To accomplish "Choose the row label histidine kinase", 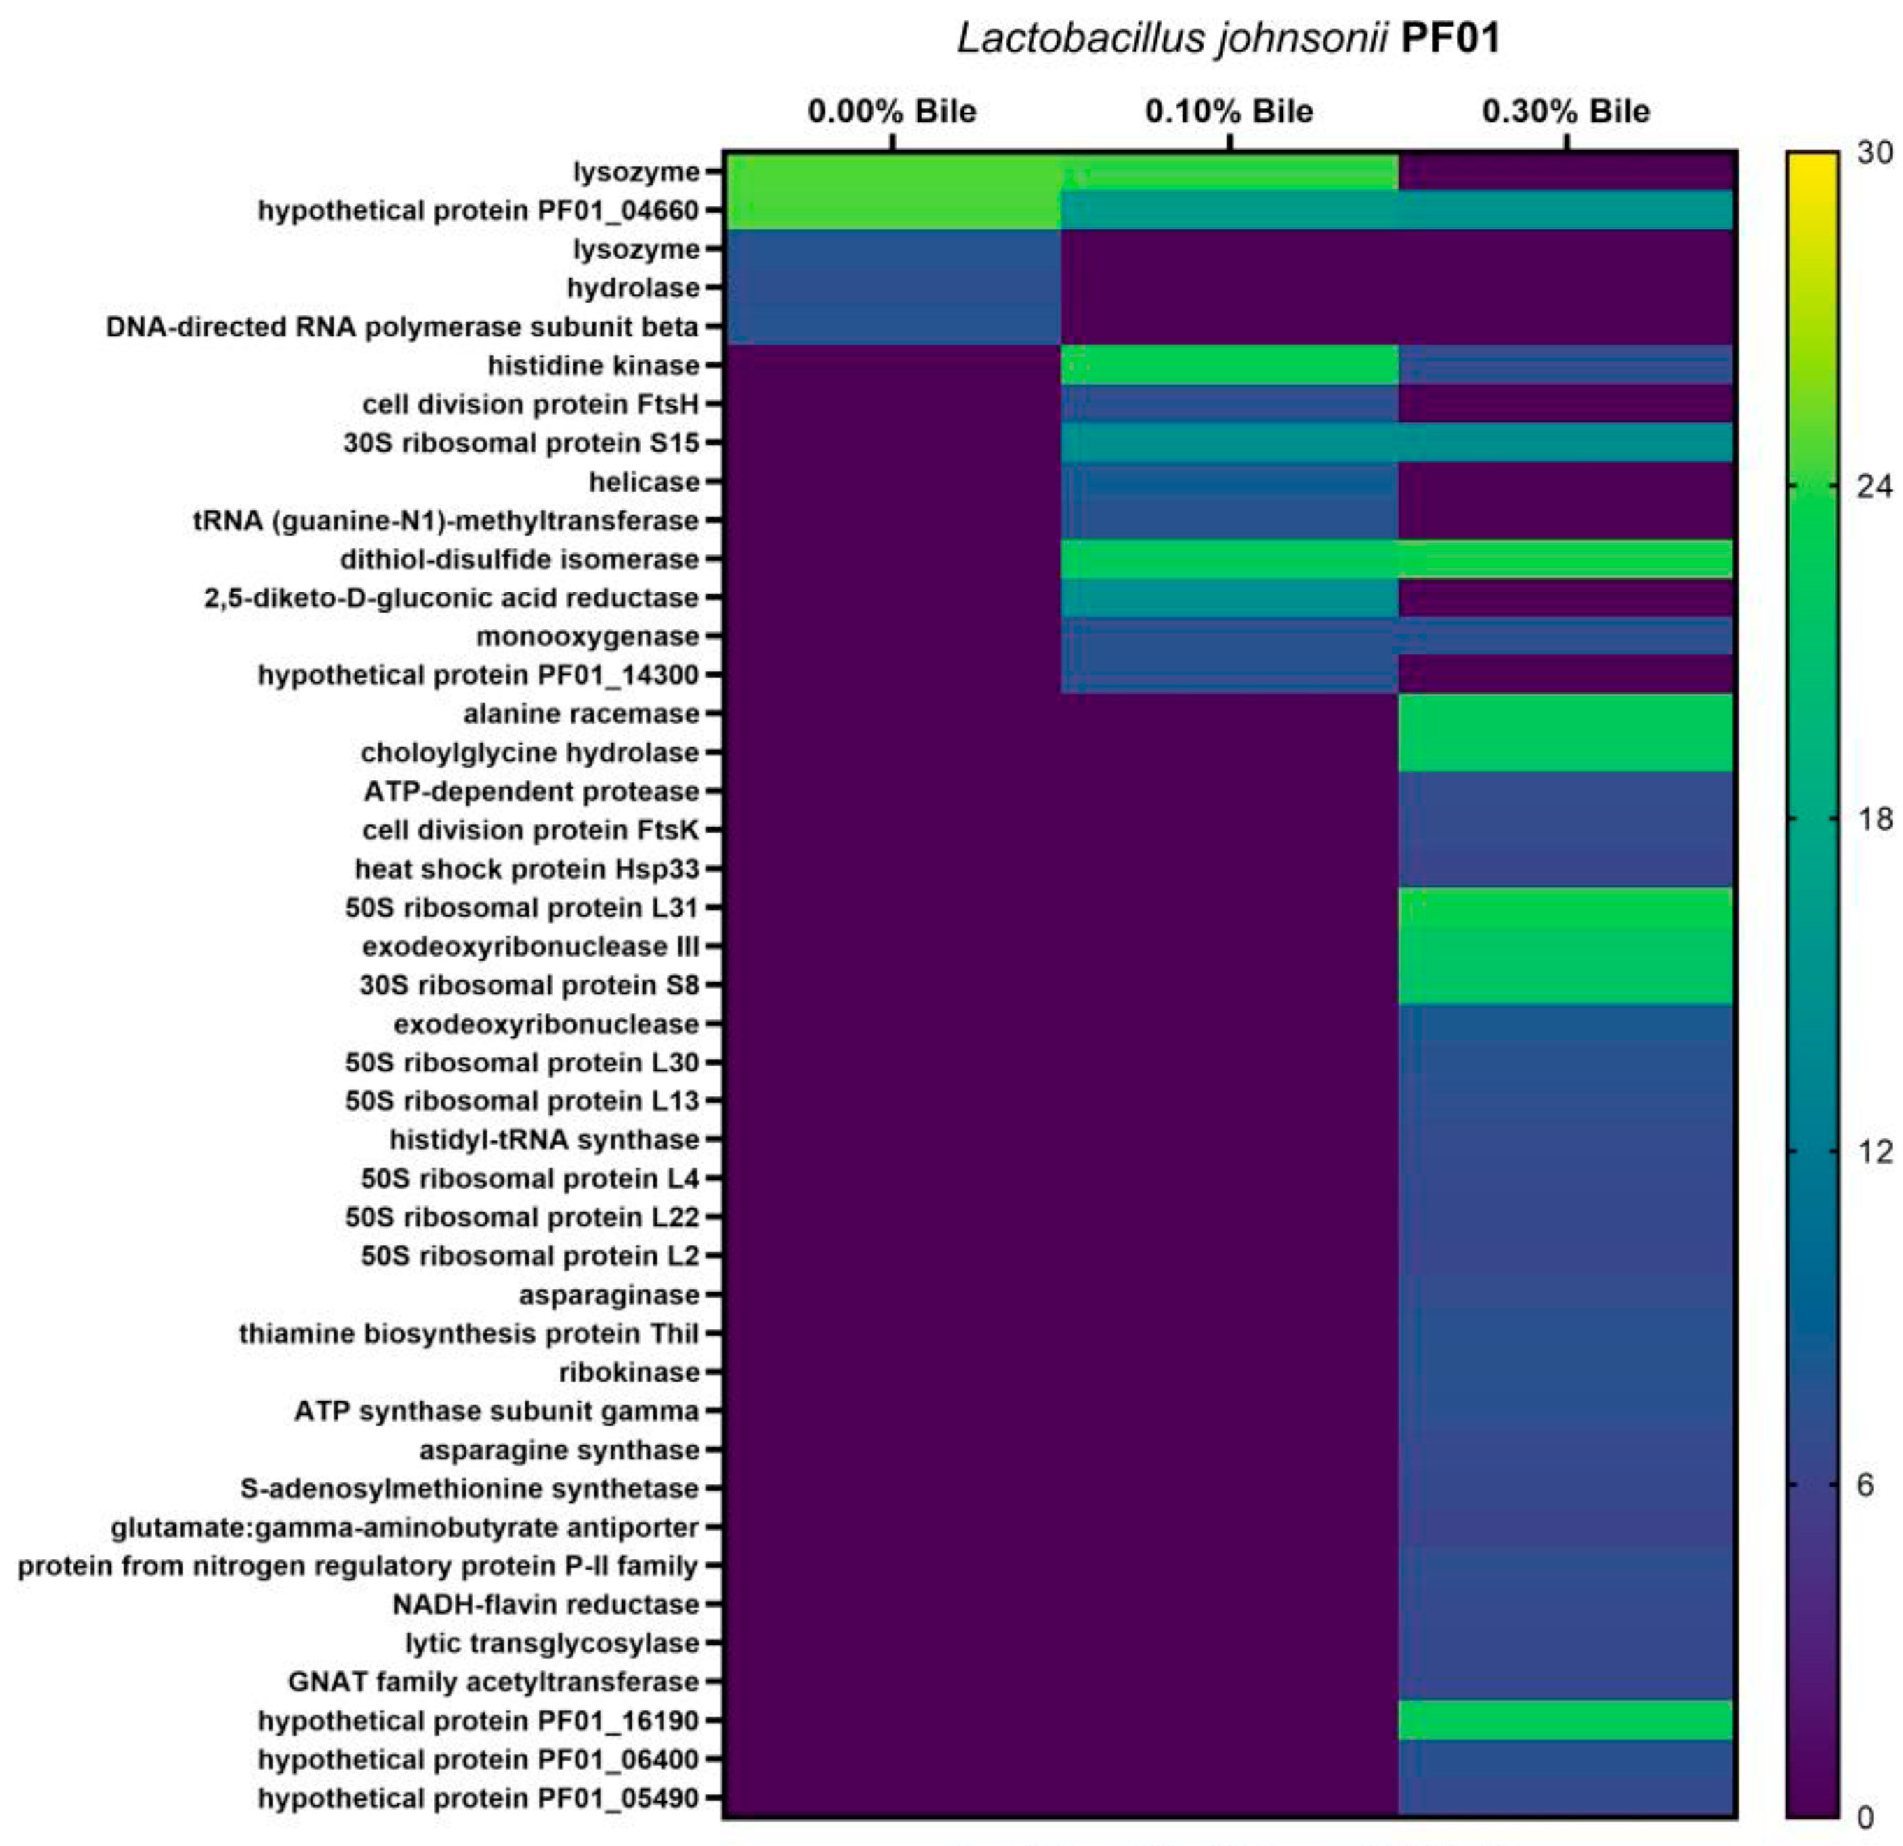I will (593, 366).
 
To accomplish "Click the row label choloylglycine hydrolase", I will (529, 753).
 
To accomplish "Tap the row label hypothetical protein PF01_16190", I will (478, 1721).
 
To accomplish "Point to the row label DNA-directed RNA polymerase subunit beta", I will (402, 327).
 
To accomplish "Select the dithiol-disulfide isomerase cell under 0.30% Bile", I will (1565, 559).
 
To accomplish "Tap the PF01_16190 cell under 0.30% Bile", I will (1565, 1721).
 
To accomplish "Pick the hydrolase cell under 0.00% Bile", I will (891, 288).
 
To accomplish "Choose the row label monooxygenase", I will (587, 637).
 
